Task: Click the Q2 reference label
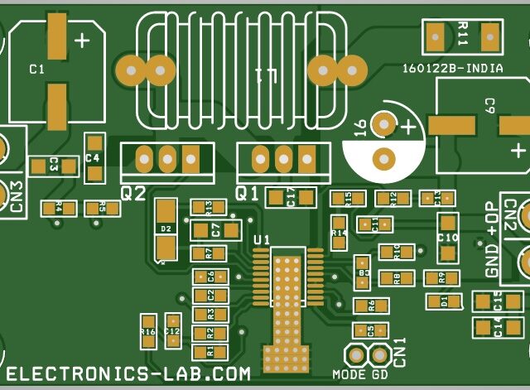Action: [x=132, y=194]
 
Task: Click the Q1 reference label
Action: [x=248, y=194]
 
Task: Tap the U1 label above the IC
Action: [x=262, y=240]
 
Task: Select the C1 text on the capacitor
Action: [x=36, y=70]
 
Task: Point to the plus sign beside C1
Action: [x=83, y=40]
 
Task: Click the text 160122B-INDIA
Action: [x=451, y=69]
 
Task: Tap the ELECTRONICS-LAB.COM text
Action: [x=128, y=374]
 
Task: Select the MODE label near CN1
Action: [x=349, y=374]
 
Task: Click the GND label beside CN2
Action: [x=493, y=262]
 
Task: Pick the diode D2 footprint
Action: [x=166, y=229]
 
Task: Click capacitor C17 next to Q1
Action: [x=291, y=197]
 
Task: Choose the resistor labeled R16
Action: [x=148, y=331]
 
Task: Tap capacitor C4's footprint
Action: [x=94, y=157]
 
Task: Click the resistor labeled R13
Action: [x=210, y=206]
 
